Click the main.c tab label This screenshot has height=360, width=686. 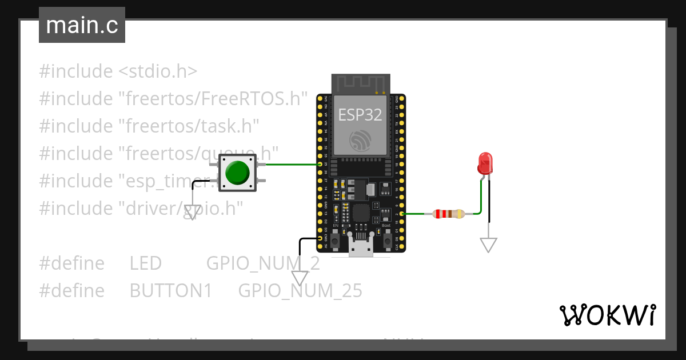(82, 25)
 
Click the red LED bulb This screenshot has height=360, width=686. (485, 163)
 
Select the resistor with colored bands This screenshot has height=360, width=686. (449, 214)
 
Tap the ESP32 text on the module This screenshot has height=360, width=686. (360, 115)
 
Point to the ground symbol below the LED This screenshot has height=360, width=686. (488, 245)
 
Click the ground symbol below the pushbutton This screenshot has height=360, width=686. (193, 212)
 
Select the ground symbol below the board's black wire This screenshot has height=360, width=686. (300, 278)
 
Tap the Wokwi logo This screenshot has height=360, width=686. (607, 315)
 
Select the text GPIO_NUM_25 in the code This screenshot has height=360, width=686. (300, 291)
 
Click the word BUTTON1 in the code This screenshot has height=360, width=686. (171, 291)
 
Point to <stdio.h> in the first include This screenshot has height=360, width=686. (158, 71)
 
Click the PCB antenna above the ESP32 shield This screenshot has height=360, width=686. (361, 83)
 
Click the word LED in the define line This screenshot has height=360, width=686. (146, 263)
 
